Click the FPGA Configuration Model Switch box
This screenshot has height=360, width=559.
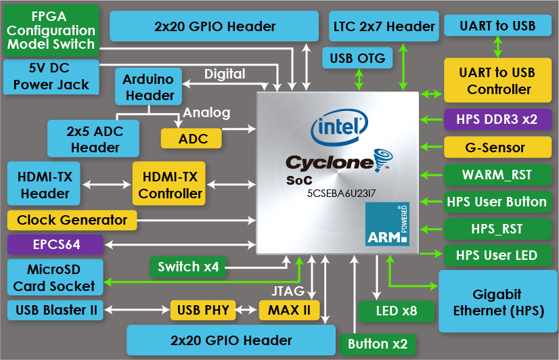pos(51,30)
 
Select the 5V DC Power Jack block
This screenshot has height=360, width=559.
pos(51,76)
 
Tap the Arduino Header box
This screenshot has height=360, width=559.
pos(148,87)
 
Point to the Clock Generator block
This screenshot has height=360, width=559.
pos(72,220)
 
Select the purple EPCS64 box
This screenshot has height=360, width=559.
pos(54,244)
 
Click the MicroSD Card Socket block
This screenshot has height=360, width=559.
pos(54,277)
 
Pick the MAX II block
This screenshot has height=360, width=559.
pos(288,311)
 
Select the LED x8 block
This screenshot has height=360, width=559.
pos(397,311)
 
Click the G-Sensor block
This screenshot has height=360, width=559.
pos(495,147)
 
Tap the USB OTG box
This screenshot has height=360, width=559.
pos(357,58)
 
